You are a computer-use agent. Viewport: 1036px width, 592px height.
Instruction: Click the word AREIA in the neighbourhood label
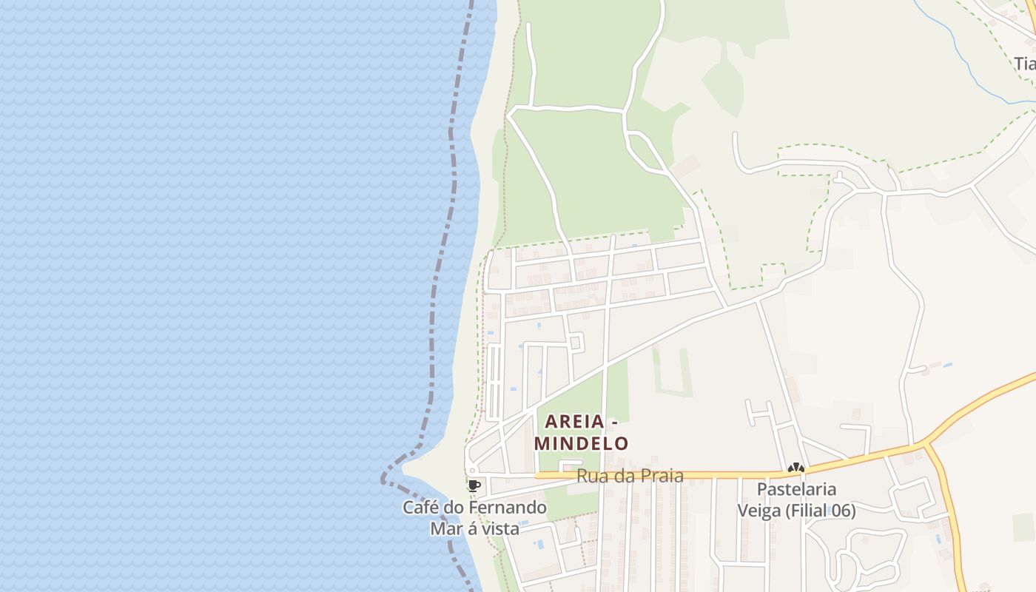(x=574, y=422)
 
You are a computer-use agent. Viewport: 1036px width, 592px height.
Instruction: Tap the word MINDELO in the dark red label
(x=582, y=444)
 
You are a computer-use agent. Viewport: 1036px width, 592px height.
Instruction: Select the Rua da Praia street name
(x=630, y=476)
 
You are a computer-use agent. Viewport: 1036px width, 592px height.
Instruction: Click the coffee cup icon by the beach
(x=474, y=485)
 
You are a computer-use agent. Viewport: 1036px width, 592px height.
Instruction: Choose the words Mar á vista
(x=474, y=528)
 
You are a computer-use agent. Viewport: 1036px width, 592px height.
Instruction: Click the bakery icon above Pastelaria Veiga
(x=795, y=468)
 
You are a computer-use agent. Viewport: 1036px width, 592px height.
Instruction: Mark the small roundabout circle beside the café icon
(x=471, y=470)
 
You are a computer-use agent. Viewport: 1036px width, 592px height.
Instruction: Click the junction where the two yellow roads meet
(x=925, y=445)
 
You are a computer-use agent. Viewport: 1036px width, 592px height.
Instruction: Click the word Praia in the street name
(x=659, y=476)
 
